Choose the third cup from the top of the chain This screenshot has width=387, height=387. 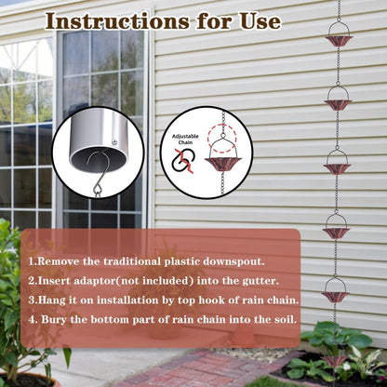(x=337, y=167)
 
